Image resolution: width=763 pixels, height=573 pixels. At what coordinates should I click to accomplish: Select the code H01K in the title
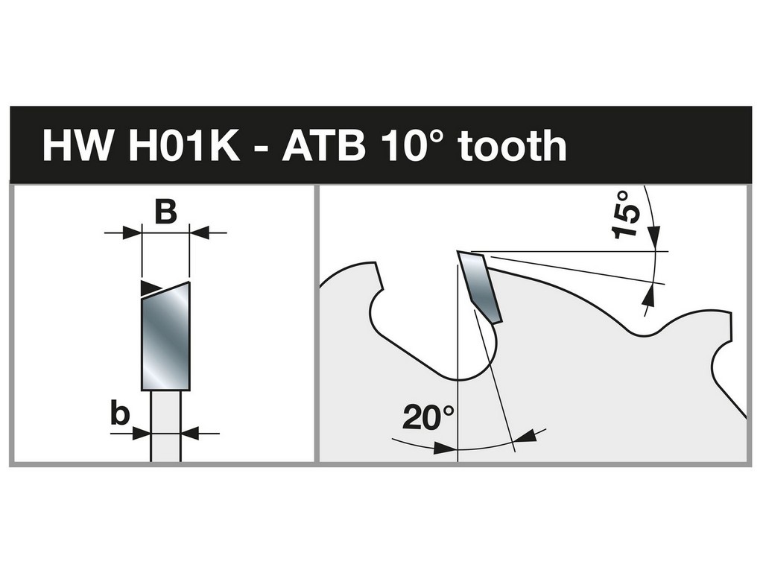[185, 145]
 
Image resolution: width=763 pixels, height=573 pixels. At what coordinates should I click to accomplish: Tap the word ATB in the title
[324, 145]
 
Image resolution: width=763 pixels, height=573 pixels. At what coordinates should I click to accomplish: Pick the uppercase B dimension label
[165, 212]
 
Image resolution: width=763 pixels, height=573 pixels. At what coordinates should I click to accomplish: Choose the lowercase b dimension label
[120, 414]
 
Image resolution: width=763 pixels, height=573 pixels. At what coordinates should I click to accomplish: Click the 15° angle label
[626, 215]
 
